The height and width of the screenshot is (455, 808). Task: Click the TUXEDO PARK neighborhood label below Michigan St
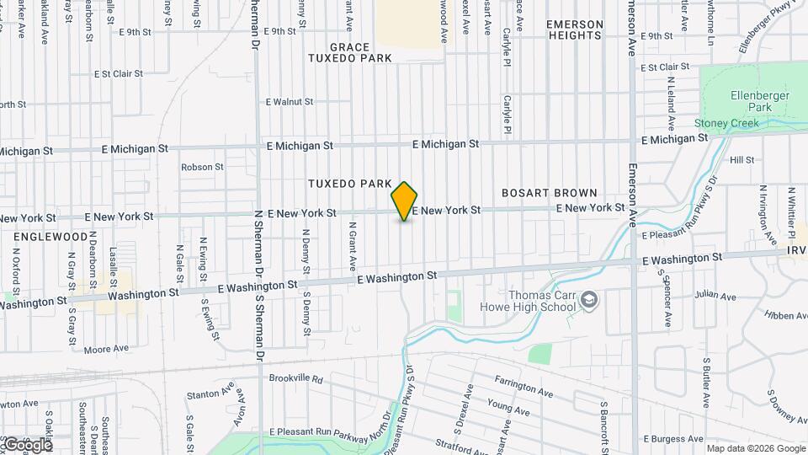tap(350, 184)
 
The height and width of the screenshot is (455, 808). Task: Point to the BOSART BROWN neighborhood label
tap(550, 193)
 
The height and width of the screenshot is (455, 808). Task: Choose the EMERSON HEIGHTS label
tap(576, 29)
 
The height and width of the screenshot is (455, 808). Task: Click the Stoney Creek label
tap(726, 123)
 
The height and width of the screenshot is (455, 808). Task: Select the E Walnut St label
tap(290, 101)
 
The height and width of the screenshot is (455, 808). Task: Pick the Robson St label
tap(202, 167)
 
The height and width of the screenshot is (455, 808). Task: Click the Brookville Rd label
tap(296, 379)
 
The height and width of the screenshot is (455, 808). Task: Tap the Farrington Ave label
tap(524, 386)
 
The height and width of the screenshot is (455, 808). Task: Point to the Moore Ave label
tap(106, 347)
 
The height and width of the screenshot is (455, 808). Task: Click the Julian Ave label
tap(715, 297)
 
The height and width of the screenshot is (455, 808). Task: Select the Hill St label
tap(742, 159)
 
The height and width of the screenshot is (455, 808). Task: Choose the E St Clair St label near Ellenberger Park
tap(664, 67)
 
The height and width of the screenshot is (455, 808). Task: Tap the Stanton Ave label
tap(210, 393)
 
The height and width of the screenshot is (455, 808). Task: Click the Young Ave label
tap(508, 408)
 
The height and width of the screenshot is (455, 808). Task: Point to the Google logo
tap(27, 444)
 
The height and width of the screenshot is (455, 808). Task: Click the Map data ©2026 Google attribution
tap(755, 447)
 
